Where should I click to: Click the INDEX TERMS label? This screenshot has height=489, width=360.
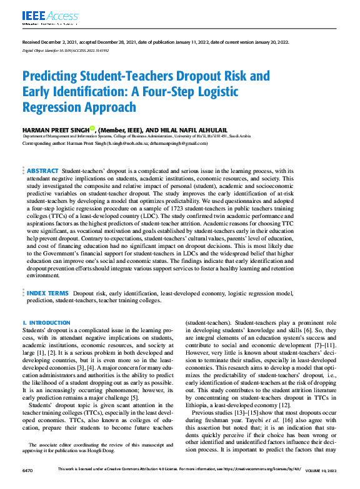(47, 293)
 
